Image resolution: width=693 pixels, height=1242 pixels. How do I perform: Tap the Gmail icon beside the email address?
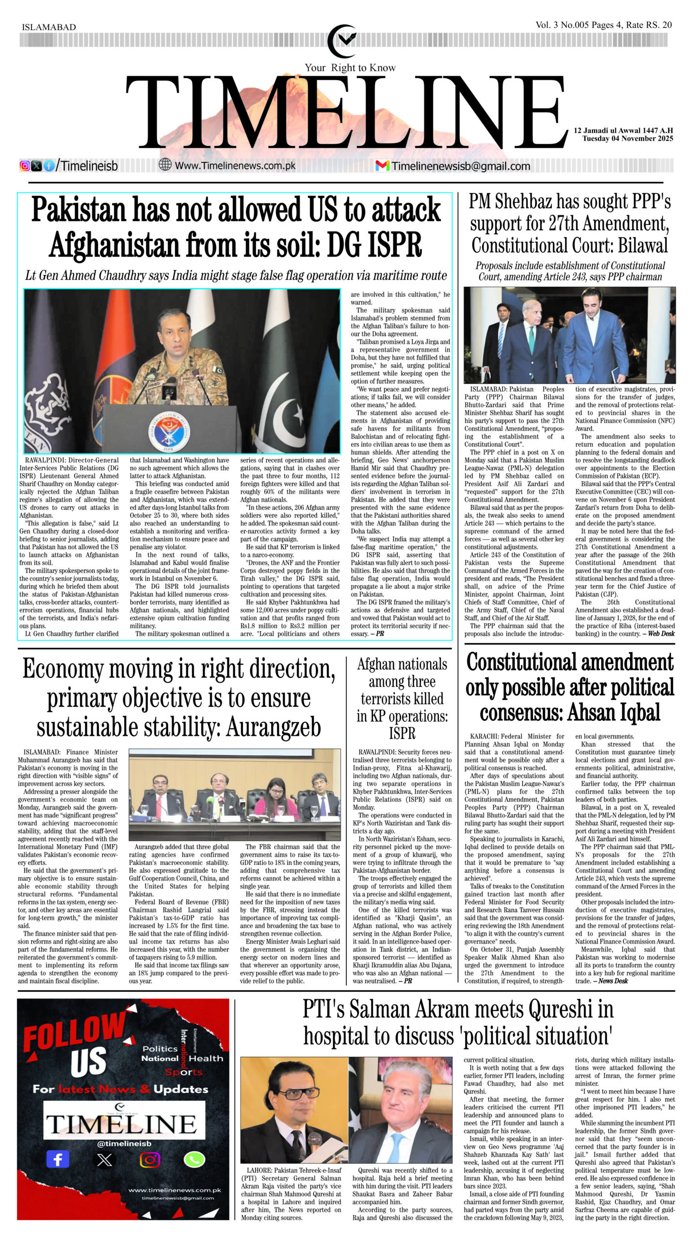pyautogui.click(x=382, y=165)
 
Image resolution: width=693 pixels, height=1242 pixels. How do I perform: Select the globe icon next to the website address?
pyautogui.click(x=165, y=165)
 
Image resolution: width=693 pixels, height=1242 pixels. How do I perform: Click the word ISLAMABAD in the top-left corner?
pyautogui.click(x=49, y=27)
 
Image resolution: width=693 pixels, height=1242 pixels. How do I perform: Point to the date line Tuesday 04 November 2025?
pyautogui.click(x=628, y=139)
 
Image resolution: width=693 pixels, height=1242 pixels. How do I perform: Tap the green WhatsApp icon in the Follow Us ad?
pyautogui.click(x=194, y=1160)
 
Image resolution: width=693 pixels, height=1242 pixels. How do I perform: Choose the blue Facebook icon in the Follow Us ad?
pyautogui.click(x=58, y=1160)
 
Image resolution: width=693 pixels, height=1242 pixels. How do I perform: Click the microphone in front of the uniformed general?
pyautogui.click(x=170, y=386)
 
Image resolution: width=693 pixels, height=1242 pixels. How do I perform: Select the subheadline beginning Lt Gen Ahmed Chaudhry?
pyautogui.click(x=236, y=276)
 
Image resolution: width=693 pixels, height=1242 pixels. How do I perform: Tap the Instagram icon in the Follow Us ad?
pyautogui.click(x=149, y=1160)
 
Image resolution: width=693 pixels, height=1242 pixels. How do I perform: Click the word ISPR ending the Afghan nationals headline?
pyautogui.click(x=402, y=733)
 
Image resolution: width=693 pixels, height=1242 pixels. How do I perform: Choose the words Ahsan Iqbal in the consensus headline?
pyautogui.click(x=613, y=713)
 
